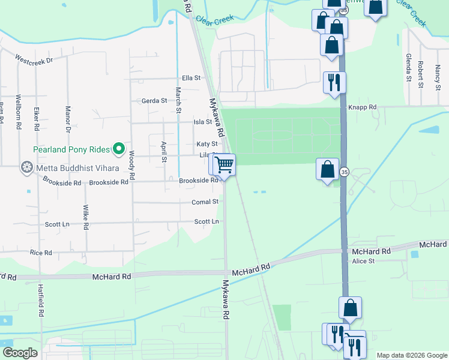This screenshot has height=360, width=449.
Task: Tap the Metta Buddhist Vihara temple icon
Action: point(26,167)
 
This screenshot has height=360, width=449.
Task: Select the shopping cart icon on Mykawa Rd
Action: point(224,164)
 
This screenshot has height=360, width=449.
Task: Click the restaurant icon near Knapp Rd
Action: point(334,82)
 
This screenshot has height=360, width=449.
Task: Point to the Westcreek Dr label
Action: point(34,60)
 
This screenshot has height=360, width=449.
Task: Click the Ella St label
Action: point(190,78)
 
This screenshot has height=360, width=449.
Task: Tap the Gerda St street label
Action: point(154,101)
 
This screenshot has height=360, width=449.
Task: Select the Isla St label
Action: point(202,122)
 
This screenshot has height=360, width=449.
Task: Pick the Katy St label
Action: point(206,144)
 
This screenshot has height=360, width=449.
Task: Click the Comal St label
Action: point(205,203)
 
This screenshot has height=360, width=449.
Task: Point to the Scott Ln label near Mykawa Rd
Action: point(206,221)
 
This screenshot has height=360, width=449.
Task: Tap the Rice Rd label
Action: point(41,253)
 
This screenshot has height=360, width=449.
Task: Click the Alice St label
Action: point(363,261)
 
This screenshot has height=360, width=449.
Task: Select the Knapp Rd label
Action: point(364,107)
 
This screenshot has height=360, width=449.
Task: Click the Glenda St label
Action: point(408,67)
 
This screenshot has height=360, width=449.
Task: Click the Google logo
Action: point(20,353)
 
